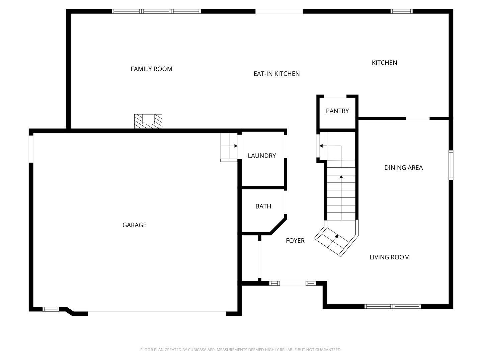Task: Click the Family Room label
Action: tap(151, 69)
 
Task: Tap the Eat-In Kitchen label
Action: tap(276, 74)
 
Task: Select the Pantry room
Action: tap(337, 111)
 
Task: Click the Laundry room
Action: tap(262, 156)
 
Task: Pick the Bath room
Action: tap(263, 206)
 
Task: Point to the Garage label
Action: tap(134, 225)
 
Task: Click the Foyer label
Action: tap(295, 241)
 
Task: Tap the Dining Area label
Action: tap(403, 168)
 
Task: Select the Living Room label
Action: tap(389, 257)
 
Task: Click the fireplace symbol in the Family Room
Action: tap(148, 121)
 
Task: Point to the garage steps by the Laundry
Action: tap(229, 147)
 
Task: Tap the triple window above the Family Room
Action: tap(156, 11)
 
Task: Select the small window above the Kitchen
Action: tap(401, 11)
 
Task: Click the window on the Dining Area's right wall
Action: tap(451, 165)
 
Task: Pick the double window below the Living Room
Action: tap(393, 306)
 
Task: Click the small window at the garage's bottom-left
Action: tap(51, 309)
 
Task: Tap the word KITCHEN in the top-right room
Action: tap(384, 63)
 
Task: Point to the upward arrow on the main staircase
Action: tap(341, 177)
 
